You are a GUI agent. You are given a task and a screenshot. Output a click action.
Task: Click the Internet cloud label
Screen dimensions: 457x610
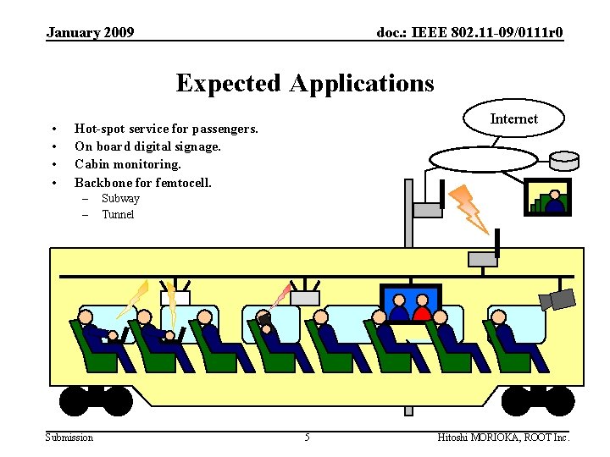[513, 119]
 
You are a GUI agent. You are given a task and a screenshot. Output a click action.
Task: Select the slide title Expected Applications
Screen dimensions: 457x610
[305, 83]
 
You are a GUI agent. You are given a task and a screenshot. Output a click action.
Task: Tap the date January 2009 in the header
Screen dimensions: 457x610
[90, 33]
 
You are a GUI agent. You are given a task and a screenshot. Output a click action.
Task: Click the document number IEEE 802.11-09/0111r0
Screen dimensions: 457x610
[469, 33]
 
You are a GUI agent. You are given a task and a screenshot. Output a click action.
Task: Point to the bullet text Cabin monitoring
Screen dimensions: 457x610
[128, 164]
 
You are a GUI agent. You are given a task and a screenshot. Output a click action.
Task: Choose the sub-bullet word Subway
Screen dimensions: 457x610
[120, 199]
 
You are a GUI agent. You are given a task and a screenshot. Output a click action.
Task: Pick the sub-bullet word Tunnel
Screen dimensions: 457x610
[118, 215]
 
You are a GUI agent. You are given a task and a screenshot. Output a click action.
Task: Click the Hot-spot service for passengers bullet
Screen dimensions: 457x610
[166, 129]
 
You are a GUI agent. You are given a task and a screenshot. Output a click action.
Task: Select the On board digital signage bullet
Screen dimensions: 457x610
[147, 146]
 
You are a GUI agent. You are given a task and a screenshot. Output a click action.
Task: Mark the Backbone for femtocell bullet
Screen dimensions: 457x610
[143, 182]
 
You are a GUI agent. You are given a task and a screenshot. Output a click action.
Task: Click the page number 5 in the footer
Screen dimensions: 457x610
[307, 437]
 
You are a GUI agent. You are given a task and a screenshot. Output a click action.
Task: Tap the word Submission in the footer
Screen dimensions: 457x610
[69, 437]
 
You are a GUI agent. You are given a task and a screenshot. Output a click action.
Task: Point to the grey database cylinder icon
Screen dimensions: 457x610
[563, 160]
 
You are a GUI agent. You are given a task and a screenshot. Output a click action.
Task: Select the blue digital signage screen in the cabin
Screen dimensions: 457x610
[410, 304]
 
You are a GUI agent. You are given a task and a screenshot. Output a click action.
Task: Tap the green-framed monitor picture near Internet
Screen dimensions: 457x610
[547, 196]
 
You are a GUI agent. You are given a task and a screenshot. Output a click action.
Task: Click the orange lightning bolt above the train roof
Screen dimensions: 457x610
[469, 208]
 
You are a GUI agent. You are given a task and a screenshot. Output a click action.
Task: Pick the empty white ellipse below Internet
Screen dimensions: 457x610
[483, 159]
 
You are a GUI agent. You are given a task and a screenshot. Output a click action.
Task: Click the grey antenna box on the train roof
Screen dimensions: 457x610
[482, 258]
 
